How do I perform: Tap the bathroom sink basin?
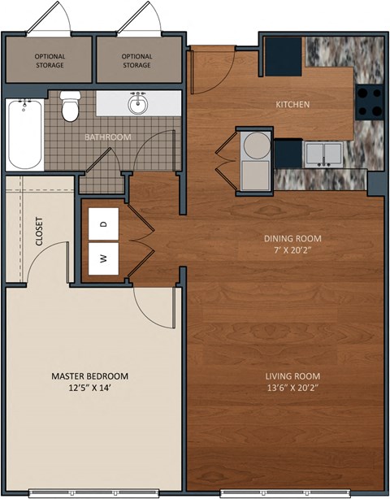coord(138,104)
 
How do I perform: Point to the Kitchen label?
coord(292,105)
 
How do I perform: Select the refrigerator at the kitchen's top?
coord(285,54)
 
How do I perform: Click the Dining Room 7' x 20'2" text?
coord(292,244)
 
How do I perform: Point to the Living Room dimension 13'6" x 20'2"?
coord(292,388)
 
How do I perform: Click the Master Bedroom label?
coord(89,375)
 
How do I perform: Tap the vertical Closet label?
coord(39,231)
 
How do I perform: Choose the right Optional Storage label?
coord(136,60)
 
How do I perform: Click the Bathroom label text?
coord(108,137)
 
